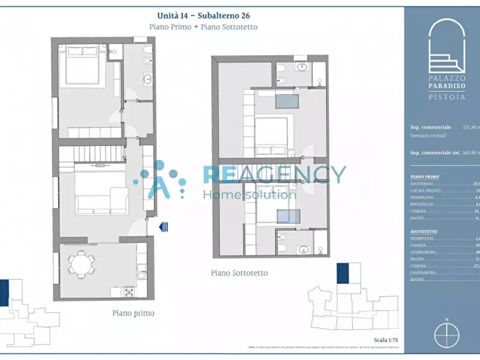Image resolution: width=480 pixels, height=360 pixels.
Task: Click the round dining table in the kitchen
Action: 81,264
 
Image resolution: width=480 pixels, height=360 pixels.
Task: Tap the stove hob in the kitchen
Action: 129,291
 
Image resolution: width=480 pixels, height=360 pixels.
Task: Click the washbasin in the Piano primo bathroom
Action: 147,79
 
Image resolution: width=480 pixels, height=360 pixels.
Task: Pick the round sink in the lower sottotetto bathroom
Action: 303,249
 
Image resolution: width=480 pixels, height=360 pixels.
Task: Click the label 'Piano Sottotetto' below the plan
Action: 239,273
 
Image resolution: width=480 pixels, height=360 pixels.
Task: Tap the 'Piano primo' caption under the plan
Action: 133,313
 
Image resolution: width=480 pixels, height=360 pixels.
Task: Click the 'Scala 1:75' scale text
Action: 385,340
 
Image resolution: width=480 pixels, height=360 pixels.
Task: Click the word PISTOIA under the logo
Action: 447,97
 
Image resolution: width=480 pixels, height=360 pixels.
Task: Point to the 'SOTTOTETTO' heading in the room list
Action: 424,232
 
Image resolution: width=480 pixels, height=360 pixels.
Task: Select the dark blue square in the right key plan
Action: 342,273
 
